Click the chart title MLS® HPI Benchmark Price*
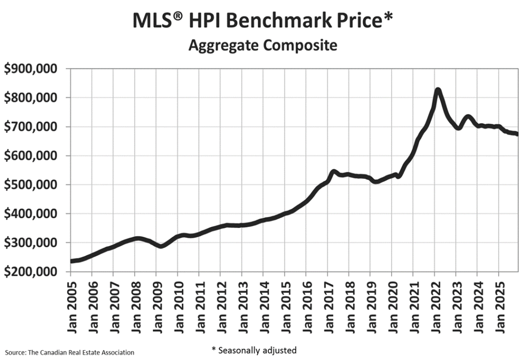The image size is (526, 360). click(262, 21)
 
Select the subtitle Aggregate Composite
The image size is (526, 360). click(262, 45)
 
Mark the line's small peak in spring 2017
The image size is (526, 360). click(333, 172)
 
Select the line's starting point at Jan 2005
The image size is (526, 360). click(71, 261)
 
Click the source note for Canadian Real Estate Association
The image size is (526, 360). click(70, 352)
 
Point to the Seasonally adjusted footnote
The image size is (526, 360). click(254, 350)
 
